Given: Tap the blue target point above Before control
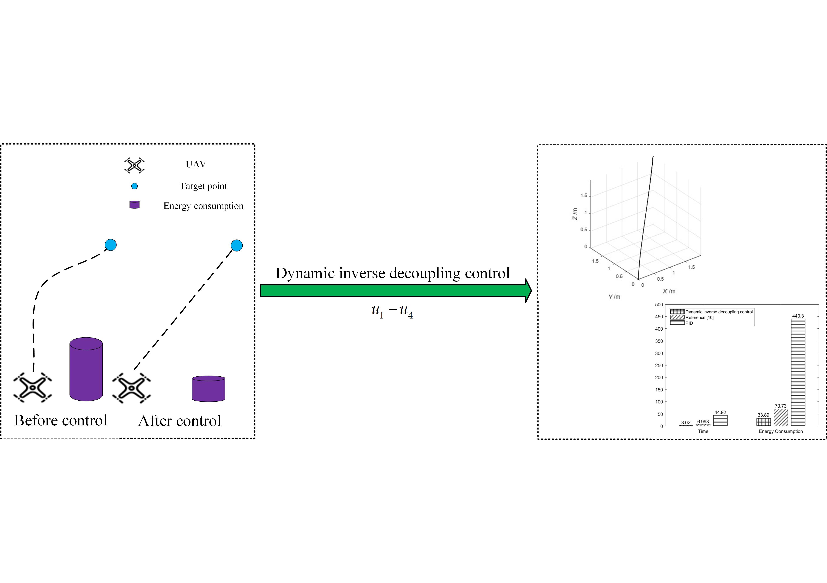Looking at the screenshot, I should pos(111,245).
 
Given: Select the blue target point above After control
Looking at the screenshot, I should pos(237,245).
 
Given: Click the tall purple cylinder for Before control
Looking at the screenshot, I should pos(86,369).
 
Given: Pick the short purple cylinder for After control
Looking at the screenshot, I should pos(209,389).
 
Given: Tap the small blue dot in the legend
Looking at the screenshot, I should pos(134,186).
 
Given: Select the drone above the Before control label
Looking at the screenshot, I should pos(32,388).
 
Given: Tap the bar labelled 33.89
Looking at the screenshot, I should pos(763,422).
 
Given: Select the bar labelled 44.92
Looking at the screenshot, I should pos(720,421).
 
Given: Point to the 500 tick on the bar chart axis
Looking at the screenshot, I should pos(659,305).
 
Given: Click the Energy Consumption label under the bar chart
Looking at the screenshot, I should pos(780,431).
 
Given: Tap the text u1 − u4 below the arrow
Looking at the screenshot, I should pos(392,311).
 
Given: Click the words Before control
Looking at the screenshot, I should pos(61,420).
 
